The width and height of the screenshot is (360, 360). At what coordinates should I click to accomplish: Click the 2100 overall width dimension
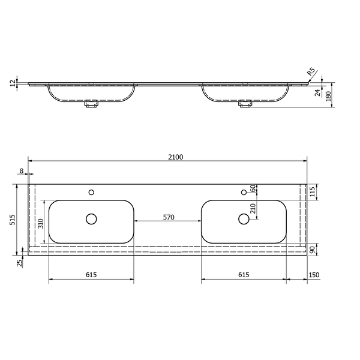pyautogui.click(x=176, y=157)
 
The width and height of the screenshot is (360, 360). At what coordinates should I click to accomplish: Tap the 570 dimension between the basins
pyautogui.click(x=169, y=217)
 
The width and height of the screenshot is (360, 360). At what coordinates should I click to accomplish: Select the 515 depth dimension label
pyautogui.click(x=13, y=220)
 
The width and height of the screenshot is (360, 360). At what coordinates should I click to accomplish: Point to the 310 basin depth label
pyautogui.click(x=40, y=224)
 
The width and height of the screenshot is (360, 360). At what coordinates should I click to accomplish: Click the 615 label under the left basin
pyautogui.click(x=91, y=275)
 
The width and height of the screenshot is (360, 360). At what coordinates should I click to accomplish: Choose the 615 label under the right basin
pyautogui.click(x=244, y=275)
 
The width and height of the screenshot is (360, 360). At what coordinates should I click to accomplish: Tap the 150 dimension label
pyautogui.click(x=314, y=275)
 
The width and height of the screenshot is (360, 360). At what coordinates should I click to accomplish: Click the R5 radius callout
pyautogui.click(x=311, y=71)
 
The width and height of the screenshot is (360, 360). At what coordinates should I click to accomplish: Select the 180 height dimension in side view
pyautogui.click(x=329, y=96)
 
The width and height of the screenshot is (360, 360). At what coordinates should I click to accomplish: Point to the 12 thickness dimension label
pyautogui.click(x=14, y=83)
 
